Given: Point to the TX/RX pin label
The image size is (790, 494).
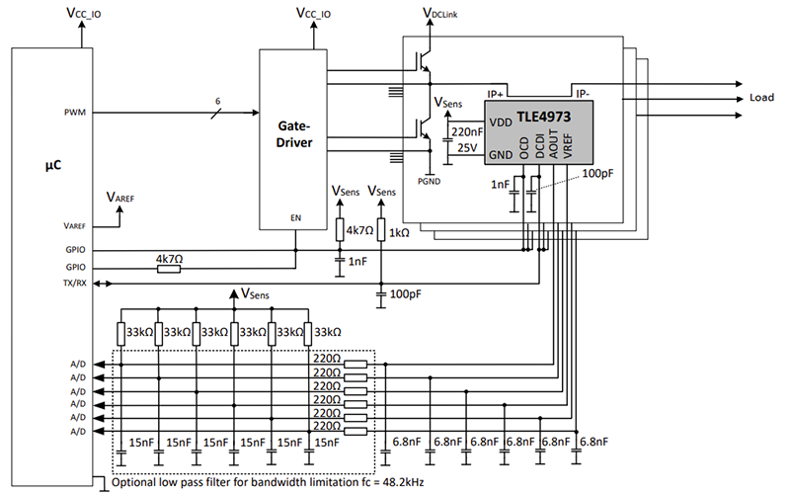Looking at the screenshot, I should (x=74, y=284).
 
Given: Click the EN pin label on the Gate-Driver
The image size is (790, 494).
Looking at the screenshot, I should (x=294, y=215).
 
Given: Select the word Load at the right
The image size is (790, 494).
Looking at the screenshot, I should (x=762, y=99).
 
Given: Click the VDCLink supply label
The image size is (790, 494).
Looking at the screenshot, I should (x=439, y=13).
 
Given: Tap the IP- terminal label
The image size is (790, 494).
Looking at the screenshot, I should (x=584, y=94).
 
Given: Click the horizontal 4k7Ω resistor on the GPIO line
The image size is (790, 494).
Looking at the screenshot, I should (x=169, y=267).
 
